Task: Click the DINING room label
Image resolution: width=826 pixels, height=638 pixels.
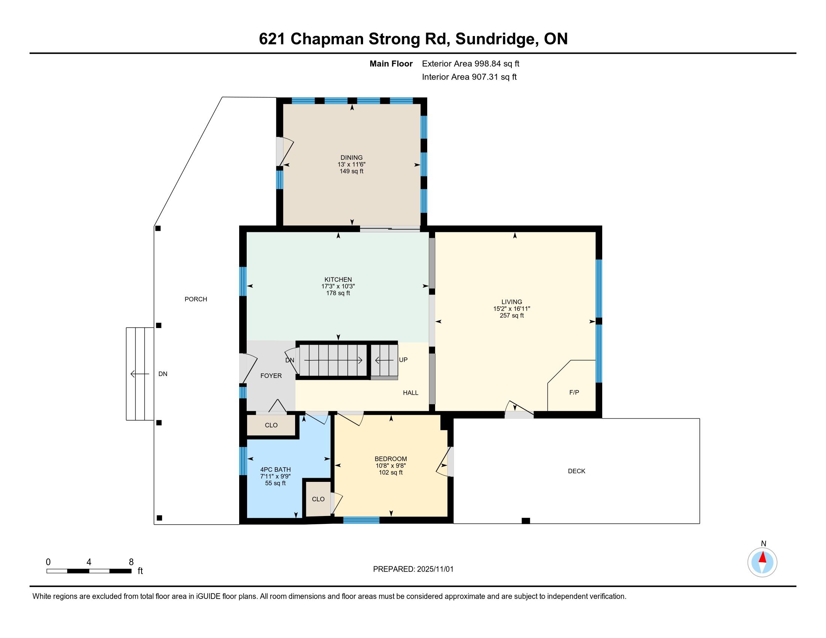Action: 351,158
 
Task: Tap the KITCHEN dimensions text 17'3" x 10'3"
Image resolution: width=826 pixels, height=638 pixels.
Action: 338,286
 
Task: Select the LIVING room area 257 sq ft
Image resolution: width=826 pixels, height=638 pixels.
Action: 512,315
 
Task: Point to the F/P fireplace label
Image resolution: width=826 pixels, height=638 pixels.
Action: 574,392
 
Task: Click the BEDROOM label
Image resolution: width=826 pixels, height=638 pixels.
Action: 391,459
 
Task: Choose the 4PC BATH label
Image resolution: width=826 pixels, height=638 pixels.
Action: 275,469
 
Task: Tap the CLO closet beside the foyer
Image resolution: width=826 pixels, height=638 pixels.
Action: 271,425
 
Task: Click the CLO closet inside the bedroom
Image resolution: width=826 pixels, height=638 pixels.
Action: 318,499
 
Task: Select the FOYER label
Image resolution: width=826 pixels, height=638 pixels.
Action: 271,376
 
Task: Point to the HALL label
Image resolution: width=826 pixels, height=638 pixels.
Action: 411,393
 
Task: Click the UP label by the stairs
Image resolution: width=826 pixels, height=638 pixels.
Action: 403,360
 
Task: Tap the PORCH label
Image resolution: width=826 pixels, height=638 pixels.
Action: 196,299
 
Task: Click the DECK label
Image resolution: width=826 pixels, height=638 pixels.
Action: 577,471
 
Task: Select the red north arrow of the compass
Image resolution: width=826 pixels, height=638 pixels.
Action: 763,557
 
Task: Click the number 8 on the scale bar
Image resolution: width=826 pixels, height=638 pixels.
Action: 131,562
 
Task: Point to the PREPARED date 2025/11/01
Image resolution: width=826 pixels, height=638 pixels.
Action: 435,569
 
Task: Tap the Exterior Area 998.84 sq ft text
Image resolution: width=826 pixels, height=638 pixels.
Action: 471,64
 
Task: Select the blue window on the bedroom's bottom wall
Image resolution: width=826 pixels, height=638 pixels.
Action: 361,520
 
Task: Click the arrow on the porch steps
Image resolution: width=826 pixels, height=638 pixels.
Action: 140,374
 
